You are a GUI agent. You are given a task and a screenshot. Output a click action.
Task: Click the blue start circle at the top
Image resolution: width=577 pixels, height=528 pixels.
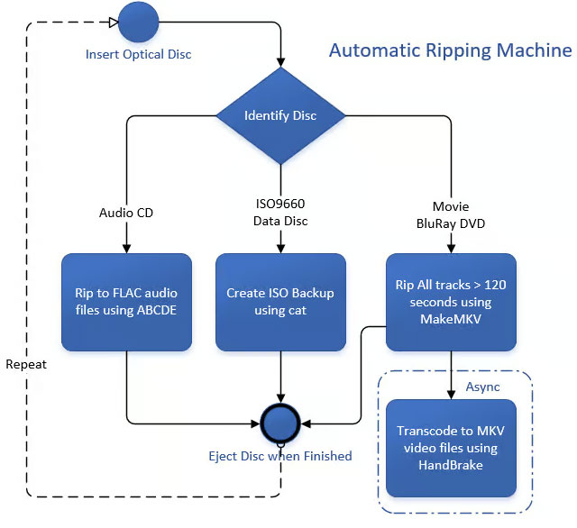pyautogui.click(x=138, y=22)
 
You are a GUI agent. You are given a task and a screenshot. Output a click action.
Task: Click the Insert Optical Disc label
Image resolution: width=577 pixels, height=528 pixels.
pyautogui.click(x=138, y=54)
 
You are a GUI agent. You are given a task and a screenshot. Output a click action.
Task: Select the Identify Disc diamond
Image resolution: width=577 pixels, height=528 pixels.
pyautogui.click(x=280, y=115)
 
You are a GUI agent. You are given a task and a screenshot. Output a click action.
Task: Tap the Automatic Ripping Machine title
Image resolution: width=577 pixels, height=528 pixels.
pyautogui.click(x=449, y=50)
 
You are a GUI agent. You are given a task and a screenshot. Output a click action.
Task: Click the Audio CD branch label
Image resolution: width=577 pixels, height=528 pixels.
pyautogui.click(x=127, y=214)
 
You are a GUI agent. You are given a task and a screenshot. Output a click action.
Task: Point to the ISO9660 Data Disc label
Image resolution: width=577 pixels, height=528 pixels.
pyautogui.click(x=280, y=214)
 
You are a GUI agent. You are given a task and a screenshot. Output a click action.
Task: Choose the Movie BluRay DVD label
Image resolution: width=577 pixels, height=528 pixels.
pyautogui.click(x=450, y=214)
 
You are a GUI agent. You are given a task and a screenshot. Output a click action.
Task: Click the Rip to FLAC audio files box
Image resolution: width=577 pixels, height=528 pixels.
pyautogui.click(x=127, y=302)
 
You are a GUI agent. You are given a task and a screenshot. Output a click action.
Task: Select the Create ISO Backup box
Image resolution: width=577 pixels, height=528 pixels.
pyautogui.click(x=280, y=302)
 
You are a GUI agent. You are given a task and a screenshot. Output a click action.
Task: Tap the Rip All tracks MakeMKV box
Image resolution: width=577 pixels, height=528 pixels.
pyautogui.click(x=450, y=302)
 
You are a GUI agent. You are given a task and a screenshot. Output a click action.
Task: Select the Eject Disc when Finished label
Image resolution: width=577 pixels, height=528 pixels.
pyautogui.click(x=280, y=456)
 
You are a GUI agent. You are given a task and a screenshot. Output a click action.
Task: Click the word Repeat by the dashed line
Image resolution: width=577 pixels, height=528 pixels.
pyautogui.click(x=26, y=365)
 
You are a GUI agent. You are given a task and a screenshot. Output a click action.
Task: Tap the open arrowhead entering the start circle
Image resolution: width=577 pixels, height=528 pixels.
pyautogui.click(x=113, y=22)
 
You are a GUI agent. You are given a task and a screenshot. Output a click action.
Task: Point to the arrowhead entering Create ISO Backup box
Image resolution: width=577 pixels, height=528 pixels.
pyautogui.click(x=280, y=248)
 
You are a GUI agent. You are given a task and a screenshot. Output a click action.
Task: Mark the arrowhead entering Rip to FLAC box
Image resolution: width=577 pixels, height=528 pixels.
pyautogui.click(x=127, y=248)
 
